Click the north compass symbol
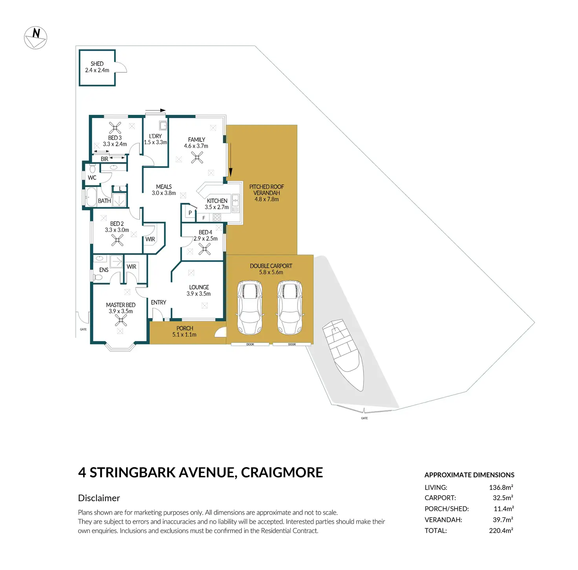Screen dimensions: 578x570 coord(35,37)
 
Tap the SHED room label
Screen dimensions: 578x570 coord(97,64)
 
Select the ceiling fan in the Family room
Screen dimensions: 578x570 coord(197,157)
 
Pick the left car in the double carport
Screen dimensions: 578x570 coord(250,307)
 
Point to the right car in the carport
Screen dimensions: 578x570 coord(290,307)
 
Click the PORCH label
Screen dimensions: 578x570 coord(185,328)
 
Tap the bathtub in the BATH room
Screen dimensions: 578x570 coord(91,197)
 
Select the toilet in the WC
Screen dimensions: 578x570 coord(92,168)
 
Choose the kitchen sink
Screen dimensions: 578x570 coord(236,203)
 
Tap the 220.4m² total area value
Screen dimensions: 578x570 coord(501,531)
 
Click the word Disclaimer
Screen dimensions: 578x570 coord(99,498)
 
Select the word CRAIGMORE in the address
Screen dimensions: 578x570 coord(282,473)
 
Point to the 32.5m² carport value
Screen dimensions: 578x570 coord(503,498)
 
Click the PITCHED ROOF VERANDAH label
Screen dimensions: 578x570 coord(267,190)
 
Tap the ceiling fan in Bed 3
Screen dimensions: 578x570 coord(115,128)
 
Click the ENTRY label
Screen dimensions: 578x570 coord(158,302)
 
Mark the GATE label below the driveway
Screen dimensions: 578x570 coord(364,418)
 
